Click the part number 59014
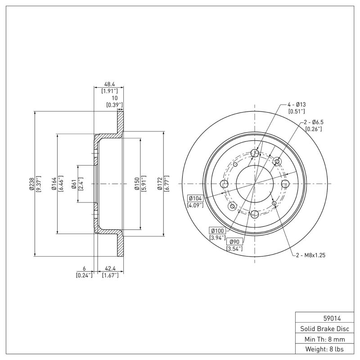click(322, 318)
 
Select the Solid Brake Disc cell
click(322, 328)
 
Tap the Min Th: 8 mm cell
click(322, 338)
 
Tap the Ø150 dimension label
click(137, 184)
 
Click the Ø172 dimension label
click(160, 184)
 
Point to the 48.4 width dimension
click(108, 84)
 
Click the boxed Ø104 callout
click(195, 198)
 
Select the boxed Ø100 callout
click(217, 231)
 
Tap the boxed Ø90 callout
click(234, 241)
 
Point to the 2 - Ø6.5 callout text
click(313, 122)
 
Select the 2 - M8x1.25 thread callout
click(310, 255)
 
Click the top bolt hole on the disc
click(255, 153)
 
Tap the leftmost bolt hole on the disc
click(224, 184)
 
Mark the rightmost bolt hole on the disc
click(285, 184)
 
